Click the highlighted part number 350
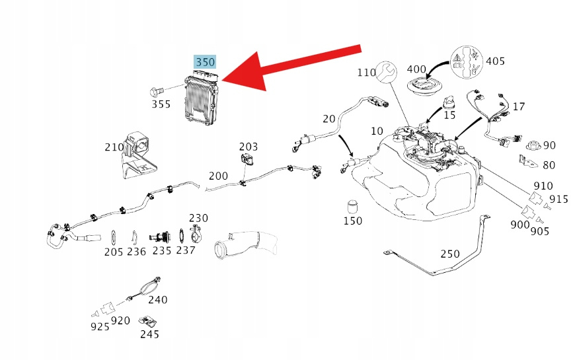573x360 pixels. click(205, 62)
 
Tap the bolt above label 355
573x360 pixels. click(157, 89)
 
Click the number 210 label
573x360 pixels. click(114, 147)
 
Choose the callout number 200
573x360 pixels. click(218, 176)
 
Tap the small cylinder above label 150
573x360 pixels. click(352, 205)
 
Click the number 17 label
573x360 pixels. click(519, 106)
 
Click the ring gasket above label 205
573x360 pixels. click(114, 236)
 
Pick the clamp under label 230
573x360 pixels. click(197, 234)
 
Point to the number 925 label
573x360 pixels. click(100, 326)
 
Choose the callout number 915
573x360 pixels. click(558, 199)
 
